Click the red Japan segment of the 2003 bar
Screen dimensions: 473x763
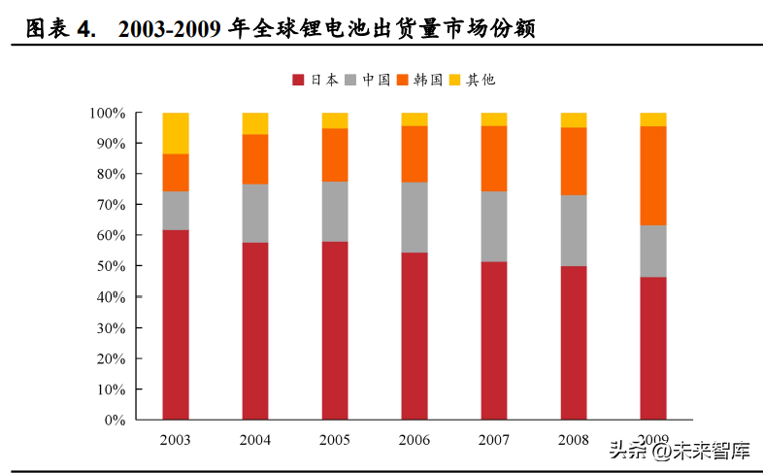click(176, 324)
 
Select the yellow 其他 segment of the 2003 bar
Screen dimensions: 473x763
click(176, 133)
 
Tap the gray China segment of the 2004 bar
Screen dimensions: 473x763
click(255, 213)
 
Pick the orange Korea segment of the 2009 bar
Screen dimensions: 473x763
click(652, 176)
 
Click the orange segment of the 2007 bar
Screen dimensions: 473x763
click(494, 158)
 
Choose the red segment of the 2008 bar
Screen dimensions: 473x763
click(574, 343)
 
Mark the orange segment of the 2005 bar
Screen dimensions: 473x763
click(335, 155)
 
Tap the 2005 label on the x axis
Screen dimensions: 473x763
click(335, 440)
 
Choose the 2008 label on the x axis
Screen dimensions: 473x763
click(574, 440)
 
